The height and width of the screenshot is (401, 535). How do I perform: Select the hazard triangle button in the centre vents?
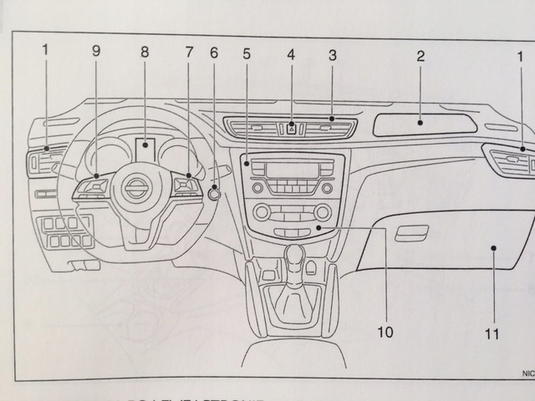point(291,128)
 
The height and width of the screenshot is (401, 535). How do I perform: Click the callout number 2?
point(421,57)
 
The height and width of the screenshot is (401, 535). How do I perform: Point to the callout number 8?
point(145,52)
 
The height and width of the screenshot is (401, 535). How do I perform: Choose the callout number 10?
point(385,332)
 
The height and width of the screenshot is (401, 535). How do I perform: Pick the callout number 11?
point(491,334)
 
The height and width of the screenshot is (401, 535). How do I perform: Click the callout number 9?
point(97,52)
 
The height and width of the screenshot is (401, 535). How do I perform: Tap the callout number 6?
point(213,52)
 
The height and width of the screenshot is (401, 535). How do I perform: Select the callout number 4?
point(291,56)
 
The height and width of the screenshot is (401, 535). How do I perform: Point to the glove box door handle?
point(411,233)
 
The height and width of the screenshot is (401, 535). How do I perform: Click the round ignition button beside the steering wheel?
point(215,195)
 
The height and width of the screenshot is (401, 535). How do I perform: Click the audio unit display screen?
point(291,170)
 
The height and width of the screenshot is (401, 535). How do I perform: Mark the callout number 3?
point(333,56)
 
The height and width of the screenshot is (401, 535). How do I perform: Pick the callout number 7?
point(189,52)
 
